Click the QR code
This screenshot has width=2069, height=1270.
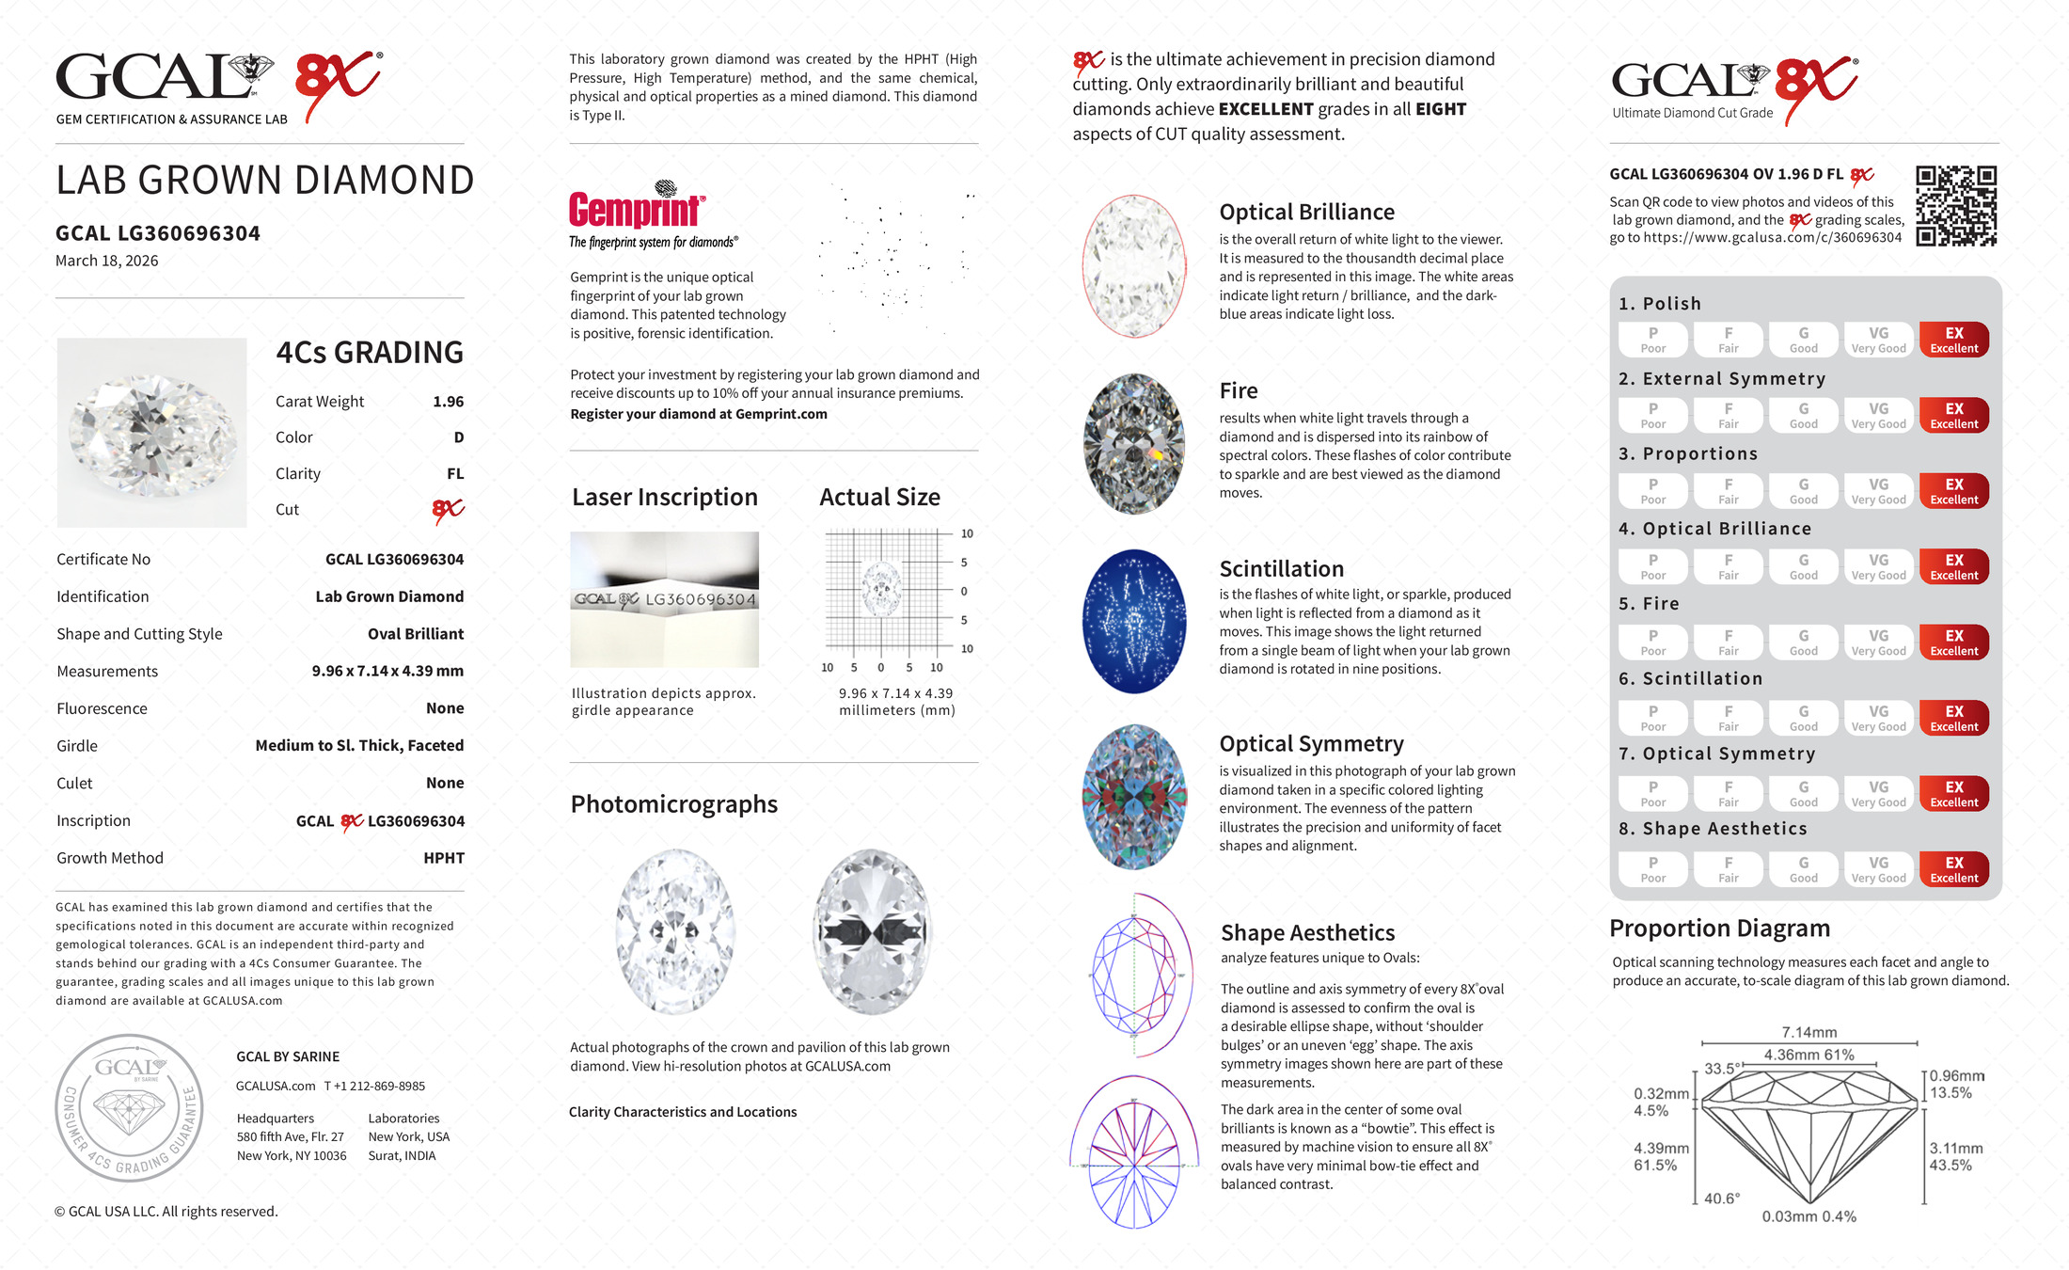point(1956,206)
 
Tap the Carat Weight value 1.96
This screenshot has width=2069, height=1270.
point(448,402)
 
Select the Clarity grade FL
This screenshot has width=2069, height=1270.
point(455,474)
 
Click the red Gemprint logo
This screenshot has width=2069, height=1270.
point(637,209)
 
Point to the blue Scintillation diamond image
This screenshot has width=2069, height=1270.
point(1134,621)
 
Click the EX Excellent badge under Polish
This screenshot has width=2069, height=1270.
point(1953,340)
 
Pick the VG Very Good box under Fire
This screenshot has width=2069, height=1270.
point(1878,643)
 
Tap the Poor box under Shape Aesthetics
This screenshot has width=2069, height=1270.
point(1652,869)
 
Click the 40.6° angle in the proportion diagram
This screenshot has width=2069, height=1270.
point(1721,1199)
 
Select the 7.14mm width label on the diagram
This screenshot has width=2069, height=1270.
point(1808,1032)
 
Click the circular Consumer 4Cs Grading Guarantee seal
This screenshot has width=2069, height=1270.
point(129,1107)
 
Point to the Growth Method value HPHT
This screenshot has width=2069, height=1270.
point(444,858)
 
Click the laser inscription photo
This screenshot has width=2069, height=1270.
point(664,599)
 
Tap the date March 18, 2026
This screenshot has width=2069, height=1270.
point(107,261)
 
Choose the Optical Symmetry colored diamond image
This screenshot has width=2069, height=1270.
point(1134,797)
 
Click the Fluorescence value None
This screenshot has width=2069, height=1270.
point(445,708)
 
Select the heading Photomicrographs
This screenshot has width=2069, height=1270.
point(673,804)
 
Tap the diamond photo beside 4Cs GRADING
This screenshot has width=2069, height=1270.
point(152,433)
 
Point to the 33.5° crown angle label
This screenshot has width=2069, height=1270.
point(1721,1069)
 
